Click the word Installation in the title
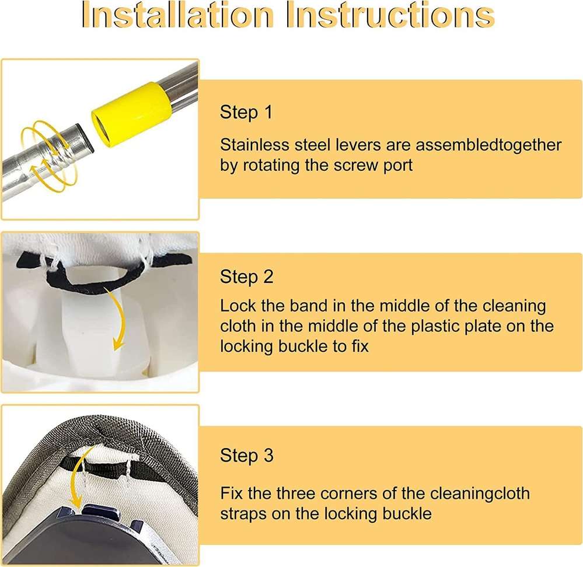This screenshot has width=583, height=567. tap(177, 15)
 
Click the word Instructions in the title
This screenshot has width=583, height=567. tap(390, 15)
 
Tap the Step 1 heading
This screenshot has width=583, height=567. tap(246, 113)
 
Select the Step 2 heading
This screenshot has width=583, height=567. tap(246, 277)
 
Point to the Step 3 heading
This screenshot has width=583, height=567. tap(246, 456)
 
